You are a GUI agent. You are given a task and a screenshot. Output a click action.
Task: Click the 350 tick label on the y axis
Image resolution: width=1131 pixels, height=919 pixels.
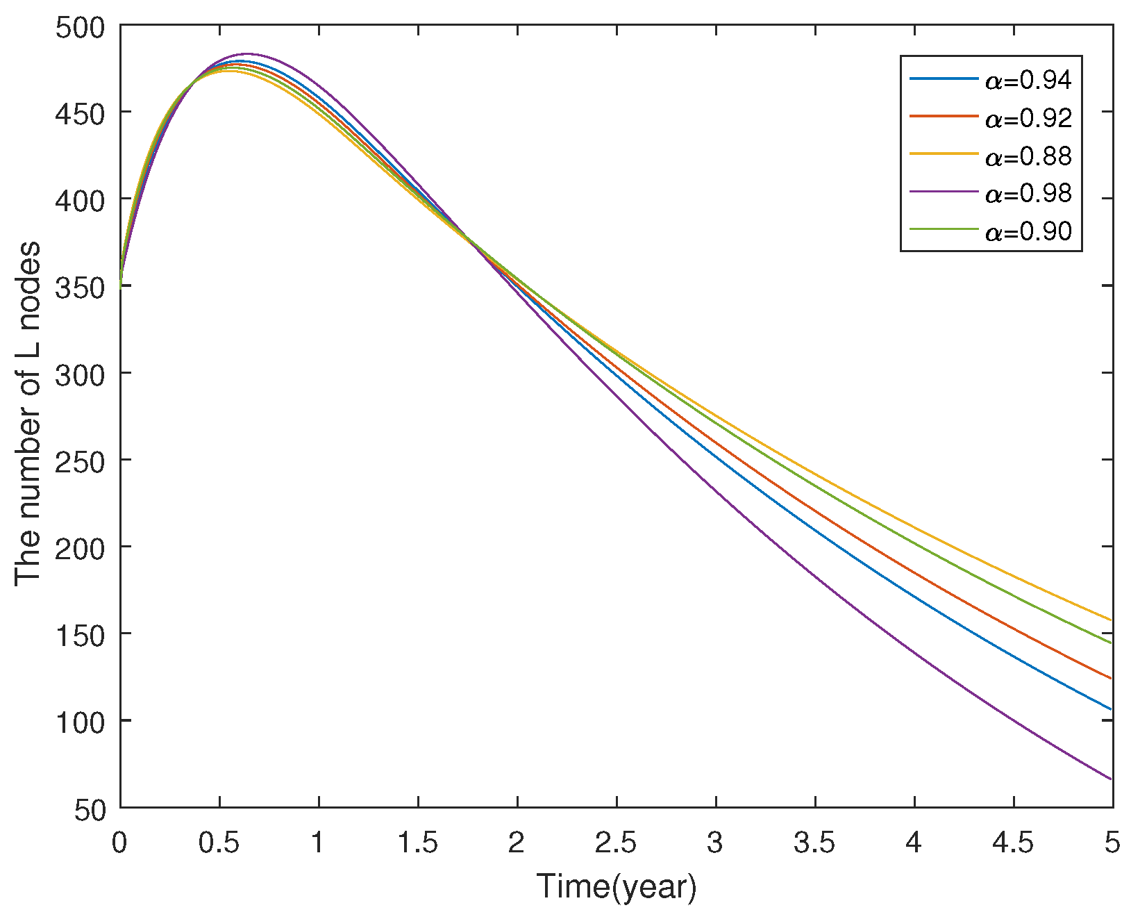tap(81, 286)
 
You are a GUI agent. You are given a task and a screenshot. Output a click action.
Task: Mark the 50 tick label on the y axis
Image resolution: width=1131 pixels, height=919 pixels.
tap(91, 808)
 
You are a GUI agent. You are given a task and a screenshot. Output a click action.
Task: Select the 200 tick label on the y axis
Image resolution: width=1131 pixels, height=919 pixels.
tap(81, 547)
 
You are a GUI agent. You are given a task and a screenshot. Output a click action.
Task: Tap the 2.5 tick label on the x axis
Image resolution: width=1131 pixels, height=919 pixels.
tap(617, 843)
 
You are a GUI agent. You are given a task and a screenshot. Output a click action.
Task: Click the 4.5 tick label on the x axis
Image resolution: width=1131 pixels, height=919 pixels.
tap(1014, 843)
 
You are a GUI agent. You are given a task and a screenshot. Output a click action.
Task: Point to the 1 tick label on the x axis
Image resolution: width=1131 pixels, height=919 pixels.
tap(319, 843)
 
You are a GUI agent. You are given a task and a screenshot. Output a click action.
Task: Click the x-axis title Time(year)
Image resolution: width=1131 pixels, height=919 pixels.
tap(617, 887)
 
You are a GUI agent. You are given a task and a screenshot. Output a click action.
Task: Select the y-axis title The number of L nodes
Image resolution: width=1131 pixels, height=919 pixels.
tap(28, 414)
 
